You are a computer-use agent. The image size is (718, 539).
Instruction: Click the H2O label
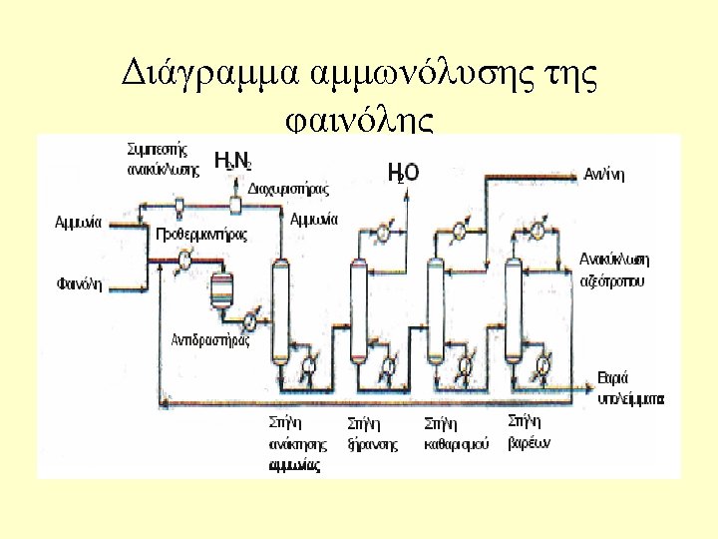point(403,173)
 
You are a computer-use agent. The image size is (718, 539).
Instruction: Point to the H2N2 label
point(233,161)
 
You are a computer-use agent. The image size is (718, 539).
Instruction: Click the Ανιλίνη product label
point(605,172)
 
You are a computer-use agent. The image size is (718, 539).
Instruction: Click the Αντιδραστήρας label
point(210,339)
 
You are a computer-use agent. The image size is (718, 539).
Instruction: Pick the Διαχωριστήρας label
point(287,187)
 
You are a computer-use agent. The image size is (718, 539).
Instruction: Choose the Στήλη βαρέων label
point(530,430)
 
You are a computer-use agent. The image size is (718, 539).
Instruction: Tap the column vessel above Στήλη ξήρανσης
point(358,309)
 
